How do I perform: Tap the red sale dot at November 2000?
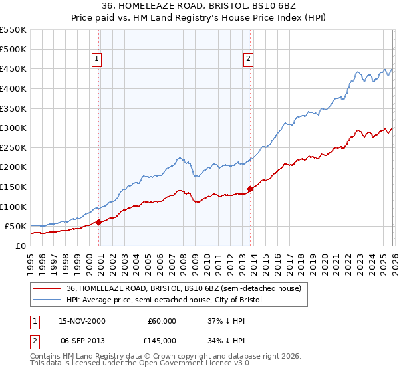click(x=99, y=222)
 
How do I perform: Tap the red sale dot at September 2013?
click(x=250, y=189)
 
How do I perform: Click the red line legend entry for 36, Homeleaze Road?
click(x=184, y=289)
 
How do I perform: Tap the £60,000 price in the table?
click(x=162, y=321)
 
